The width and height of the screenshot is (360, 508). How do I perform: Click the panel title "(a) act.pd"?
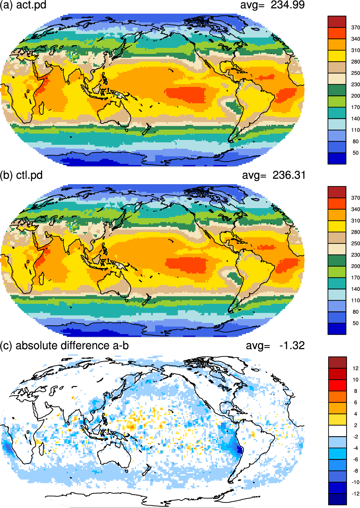(x=23, y=5)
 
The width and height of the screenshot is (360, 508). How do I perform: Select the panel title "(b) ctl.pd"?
(x=21, y=175)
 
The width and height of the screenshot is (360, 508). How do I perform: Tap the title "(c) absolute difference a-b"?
(x=64, y=346)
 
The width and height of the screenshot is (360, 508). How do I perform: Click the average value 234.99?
(x=287, y=5)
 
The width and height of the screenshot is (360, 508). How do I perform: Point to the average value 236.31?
(x=289, y=175)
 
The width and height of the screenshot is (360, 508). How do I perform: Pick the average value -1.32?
(x=292, y=345)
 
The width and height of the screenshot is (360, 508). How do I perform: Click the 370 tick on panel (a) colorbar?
(x=355, y=28)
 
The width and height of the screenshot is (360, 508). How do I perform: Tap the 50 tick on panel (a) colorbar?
(x=355, y=153)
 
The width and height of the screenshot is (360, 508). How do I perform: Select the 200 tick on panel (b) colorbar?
(x=355, y=266)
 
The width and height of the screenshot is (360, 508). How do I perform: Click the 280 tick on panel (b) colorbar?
(x=355, y=232)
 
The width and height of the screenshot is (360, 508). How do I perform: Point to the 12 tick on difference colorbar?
(x=355, y=369)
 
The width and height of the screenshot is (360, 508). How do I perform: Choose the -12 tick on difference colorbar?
(x=355, y=494)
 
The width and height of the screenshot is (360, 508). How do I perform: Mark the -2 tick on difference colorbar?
(x=355, y=437)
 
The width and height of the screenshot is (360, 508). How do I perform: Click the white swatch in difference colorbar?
(x=338, y=431)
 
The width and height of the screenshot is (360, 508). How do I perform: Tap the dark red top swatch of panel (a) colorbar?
(x=337, y=22)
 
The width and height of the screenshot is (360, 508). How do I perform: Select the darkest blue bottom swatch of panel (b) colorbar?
(x=337, y=329)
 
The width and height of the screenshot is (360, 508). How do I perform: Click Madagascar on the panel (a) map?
(x=42, y=108)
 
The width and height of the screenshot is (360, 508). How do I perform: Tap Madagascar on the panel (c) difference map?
(x=42, y=448)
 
